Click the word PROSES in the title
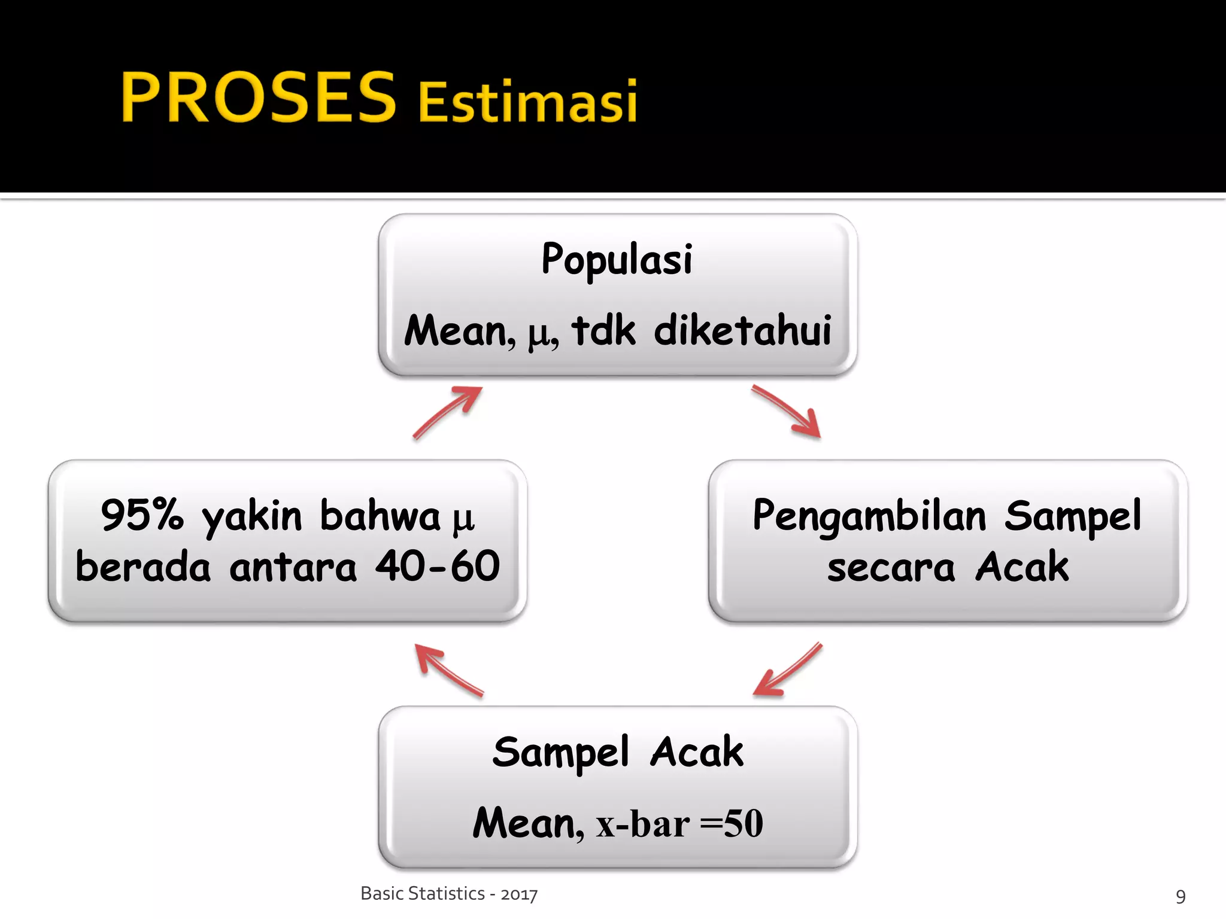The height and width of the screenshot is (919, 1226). [259, 98]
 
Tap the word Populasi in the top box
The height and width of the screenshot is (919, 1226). [617, 260]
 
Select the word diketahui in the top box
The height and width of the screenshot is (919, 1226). [743, 330]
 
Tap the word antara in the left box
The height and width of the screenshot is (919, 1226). [293, 567]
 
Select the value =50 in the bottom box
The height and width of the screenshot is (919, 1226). [732, 823]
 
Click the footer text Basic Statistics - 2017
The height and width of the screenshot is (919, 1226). [449, 894]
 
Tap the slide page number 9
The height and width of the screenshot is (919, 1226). [1181, 896]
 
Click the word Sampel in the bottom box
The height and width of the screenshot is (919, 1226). [561, 753]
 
